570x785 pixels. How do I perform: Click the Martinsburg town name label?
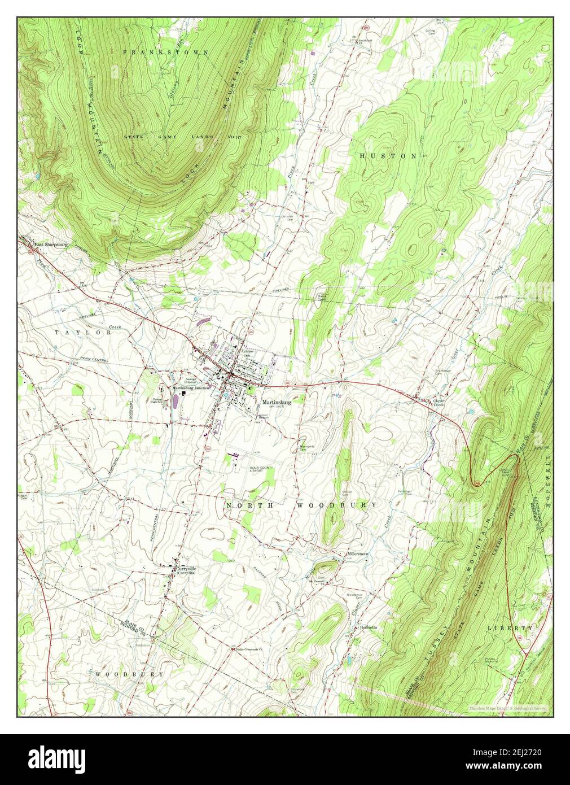292,403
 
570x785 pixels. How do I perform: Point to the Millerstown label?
357,554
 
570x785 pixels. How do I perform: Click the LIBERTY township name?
511,628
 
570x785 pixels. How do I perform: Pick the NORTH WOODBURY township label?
301,505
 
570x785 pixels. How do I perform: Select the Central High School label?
158,400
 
